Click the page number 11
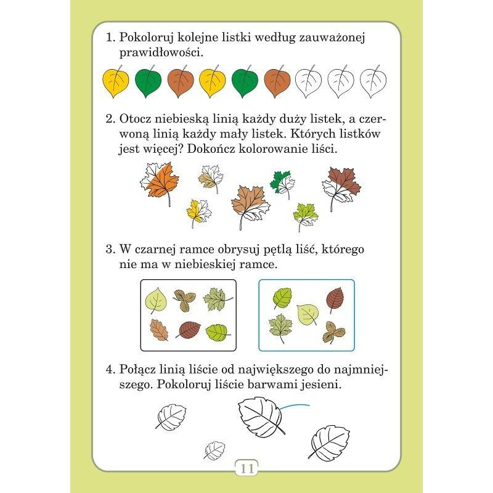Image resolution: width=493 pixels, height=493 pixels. coord(247,469)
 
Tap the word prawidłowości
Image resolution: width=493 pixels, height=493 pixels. coord(161,52)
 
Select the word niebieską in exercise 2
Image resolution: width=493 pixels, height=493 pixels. coord(182,119)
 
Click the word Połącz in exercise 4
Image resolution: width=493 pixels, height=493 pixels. coord(136,369)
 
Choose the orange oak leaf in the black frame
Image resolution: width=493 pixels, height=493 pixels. coord(159,330)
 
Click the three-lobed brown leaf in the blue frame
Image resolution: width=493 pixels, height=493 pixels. coord(333,332)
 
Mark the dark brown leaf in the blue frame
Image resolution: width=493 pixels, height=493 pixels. coord(335,299)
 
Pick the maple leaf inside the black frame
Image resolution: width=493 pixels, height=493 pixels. coord(218,299)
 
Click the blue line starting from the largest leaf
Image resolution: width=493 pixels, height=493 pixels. coord(295,406)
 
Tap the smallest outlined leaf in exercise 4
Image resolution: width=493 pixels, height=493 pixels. coord(214,450)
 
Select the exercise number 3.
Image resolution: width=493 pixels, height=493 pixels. coord(111,250)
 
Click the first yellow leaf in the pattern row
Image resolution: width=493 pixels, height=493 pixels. coord(116,82)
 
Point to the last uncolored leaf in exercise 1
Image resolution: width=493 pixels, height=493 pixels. coord(373,82)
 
